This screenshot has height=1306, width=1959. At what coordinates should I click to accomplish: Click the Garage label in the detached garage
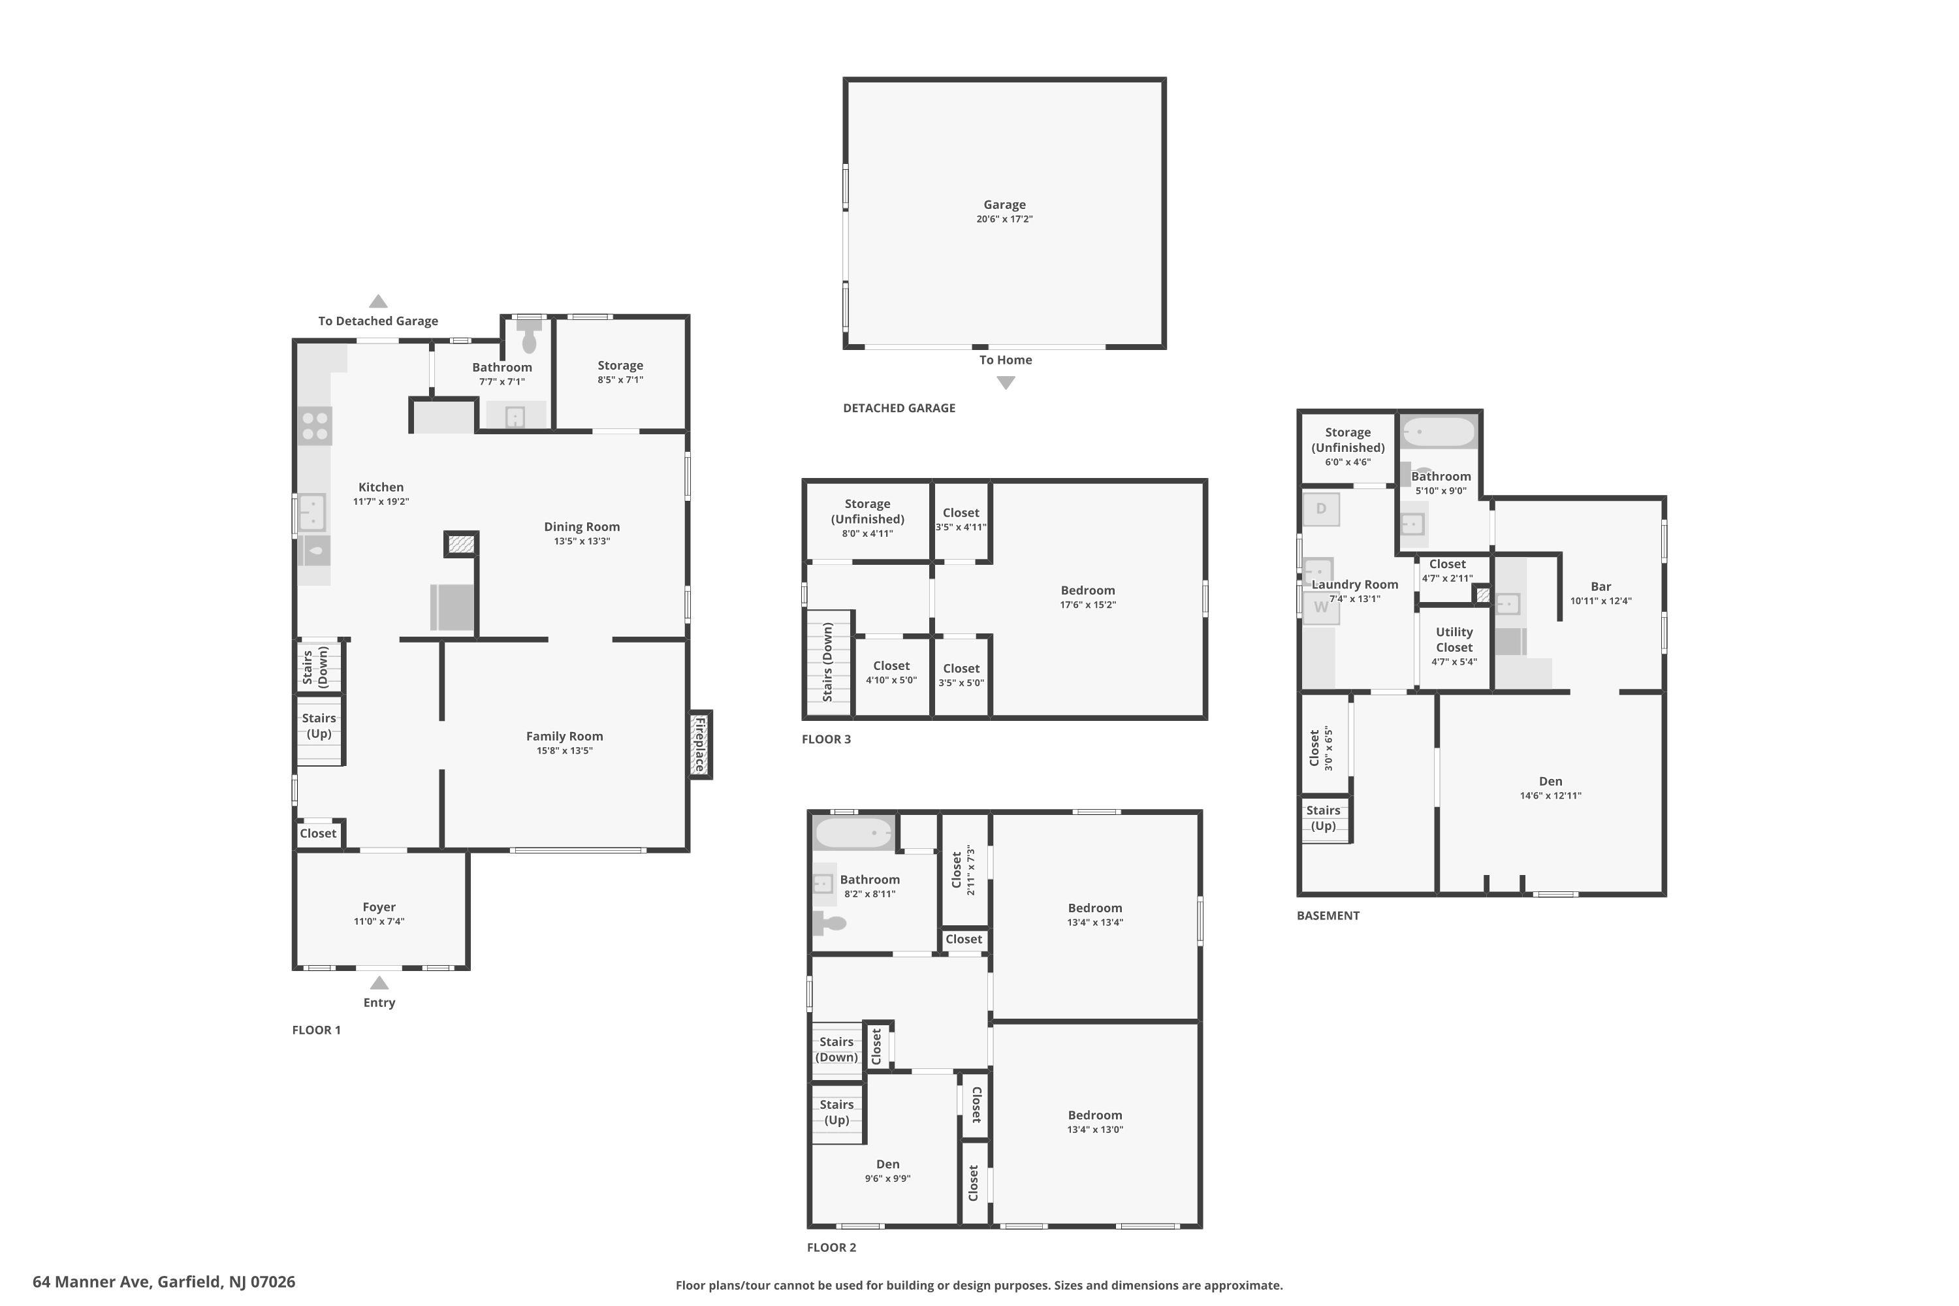click(1004, 205)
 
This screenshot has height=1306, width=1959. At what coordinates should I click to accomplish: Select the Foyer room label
click(379, 907)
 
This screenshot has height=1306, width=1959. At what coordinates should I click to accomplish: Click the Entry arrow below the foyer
click(379, 983)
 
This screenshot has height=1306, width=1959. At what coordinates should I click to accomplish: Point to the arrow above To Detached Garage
click(378, 302)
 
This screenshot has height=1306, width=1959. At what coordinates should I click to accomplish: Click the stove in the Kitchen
click(315, 426)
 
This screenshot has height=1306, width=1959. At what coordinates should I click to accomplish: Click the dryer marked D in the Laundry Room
click(1321, 509)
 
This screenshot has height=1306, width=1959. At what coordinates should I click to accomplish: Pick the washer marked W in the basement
click(1321, 608)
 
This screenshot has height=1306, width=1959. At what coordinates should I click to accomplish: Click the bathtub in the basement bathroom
click(1439, 432)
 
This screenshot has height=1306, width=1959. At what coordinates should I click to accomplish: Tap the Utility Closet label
click(1454, 640)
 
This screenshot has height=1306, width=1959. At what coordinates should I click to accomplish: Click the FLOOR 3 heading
click(826, 739)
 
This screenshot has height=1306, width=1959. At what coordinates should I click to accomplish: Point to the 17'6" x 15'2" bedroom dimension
click(1087, 605)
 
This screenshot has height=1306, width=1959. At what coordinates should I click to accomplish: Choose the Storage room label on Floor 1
click(620, 366)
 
